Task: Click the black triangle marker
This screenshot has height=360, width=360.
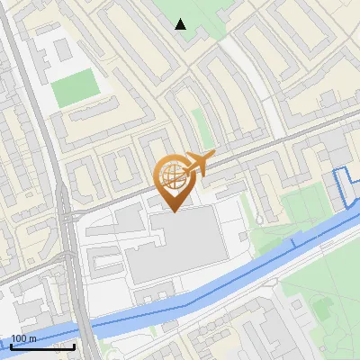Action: [181, 24]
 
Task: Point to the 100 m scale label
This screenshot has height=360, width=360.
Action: [23, 338]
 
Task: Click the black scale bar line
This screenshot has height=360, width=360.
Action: [41, 346]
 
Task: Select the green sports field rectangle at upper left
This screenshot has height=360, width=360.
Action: [75, 86]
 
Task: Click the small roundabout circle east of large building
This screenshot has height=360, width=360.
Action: [259, 219]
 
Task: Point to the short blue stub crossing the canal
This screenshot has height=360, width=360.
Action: [293, 241]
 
